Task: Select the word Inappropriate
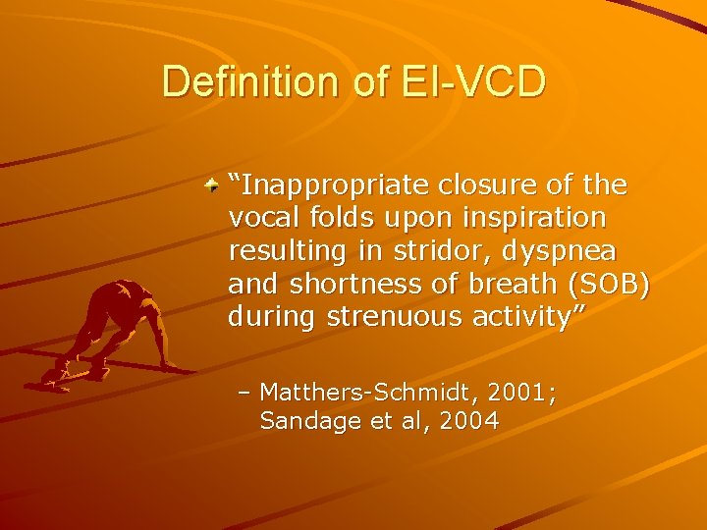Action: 325,185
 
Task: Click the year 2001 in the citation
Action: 519,394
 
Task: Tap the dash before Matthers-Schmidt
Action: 245,394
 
